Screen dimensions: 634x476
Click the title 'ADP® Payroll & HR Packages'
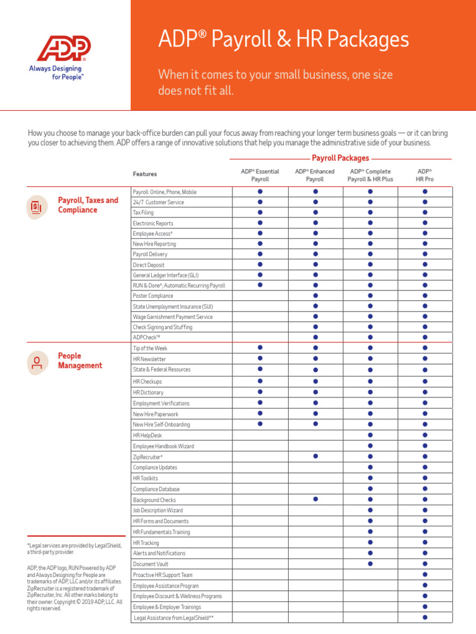pyautogui.click(x=283, y=40)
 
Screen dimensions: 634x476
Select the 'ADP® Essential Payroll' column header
pyautogui.click(x=260, y=175)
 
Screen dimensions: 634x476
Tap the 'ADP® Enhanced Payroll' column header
pyautogui.click(x=315, y=175)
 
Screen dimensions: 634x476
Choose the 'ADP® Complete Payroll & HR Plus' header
pyautogui.click(x=370, y=175)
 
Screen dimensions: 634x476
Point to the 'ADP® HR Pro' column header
pyautogui.click(x=425, y=175)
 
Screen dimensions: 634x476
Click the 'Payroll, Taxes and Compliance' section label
pyautogui.click(x=87, y=205)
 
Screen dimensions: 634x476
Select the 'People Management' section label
pyautogui.click(x=79, y=361)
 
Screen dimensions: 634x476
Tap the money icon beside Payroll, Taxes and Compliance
pyautogui.click(x=36, y=206)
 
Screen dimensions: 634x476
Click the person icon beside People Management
pyautogui.click(x=37, y=363)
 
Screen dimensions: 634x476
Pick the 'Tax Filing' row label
pyautogui.click(x=144, y=212)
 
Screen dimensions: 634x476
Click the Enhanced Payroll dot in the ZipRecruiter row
pyautogui.click(x=315, y=456)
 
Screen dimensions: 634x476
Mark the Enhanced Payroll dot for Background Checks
pyautogui.click(x=315, y=499)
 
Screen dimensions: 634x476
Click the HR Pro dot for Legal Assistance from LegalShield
pyautogui.click(x=425, y=618)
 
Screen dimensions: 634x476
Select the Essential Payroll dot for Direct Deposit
pyautogui.click(x=260, y=264)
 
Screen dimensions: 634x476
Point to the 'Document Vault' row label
pyautogui.click(x=151, y=564)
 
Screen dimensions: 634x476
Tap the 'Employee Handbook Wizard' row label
pyautogui.click(x=163, y=446)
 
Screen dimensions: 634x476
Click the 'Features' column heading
pyautogui.click(x=144, y=174)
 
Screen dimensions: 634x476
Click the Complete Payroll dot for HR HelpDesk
pyautogui.click(x=370, y=435)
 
